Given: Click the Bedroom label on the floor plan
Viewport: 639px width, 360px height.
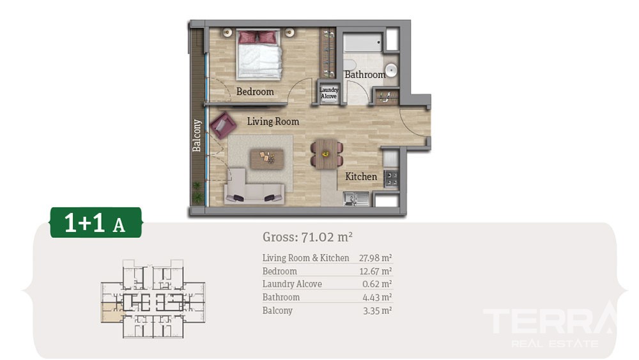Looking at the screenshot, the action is pyautogui.click(x=255, y=91).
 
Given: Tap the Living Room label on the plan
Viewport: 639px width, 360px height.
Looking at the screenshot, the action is pyautogui.click(x=273, y=121).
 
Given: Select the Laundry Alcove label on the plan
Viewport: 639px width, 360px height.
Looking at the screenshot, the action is pyautogui.click(x=329, y=93).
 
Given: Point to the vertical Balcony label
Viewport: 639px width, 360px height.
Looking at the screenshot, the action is pyautogui.click(x=197, y=136).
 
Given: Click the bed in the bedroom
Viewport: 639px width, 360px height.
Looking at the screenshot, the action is pyautogui.click(x=259, y=54).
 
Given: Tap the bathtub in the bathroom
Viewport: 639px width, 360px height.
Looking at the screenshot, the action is pyautogui.click(x=363, y=42).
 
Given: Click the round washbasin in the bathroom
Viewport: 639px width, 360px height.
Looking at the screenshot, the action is pyautogui.click(x=391, y=70).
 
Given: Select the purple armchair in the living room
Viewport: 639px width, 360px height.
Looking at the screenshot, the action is pyautogui.click(x=222, y=125).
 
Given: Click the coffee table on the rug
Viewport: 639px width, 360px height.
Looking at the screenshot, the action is pyautogui.click(x=267, y=159).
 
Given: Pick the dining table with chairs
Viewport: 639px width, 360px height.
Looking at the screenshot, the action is pyautogui.click(x=327, y=154).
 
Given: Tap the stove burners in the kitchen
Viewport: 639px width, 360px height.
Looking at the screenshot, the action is pyautogui.click(x=391, y=178).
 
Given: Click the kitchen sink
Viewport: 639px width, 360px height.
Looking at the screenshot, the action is pyautogui.click(x=356, y=199).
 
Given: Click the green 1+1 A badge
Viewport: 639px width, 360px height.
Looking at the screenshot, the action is pyautogui.click(x=96, y=223).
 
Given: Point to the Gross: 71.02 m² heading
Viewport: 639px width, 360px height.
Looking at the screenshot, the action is pyautogui.click(x=307, y=237).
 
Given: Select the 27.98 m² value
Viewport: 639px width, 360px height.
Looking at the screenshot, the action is pyautogui.click(x=375, y=258).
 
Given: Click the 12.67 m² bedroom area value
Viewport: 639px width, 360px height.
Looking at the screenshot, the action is pyautogui.click(x=375, y=271).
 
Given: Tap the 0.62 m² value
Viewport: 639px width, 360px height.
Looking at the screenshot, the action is pyautogui.click(x=377, y=284).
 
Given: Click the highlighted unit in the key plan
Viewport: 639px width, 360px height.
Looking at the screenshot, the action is pyautogui.click(x=112, y=313).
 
